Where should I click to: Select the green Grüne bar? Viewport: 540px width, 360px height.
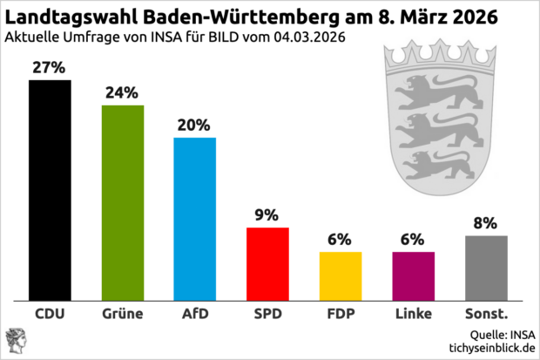tap(123, 200)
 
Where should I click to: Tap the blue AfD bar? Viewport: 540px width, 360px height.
tap(195, 217)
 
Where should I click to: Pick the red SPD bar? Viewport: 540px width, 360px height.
tap(267, 262)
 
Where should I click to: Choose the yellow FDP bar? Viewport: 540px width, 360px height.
tap(340, 275)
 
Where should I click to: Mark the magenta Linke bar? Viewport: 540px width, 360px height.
tap(413, 275)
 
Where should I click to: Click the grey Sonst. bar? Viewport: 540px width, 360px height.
tap(486, 266)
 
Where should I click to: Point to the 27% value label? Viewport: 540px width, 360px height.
tap(50, 67)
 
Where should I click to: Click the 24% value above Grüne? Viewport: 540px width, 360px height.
tap(123, 92)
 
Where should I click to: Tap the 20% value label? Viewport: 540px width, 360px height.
tap(195, 125)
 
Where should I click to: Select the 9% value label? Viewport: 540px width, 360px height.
tap(267, 214)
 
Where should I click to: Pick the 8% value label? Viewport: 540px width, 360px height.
tap(486, 222)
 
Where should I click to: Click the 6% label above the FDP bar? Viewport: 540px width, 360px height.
tap(340, 239)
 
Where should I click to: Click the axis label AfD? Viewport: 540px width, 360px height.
tap(195, 313)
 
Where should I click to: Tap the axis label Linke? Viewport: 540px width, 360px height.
tap(413, 313)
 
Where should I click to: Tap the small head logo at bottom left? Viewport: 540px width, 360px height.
tap(16, 340)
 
